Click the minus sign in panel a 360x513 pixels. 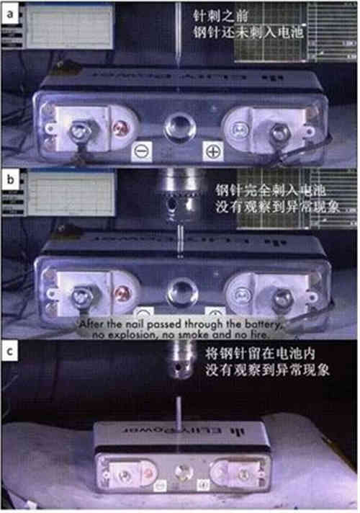point(142,151)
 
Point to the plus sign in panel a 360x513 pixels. point(213,151)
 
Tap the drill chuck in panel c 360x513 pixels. point(176,360)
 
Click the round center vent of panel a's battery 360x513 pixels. point(176,128)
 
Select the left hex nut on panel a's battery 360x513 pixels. point(77,131)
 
